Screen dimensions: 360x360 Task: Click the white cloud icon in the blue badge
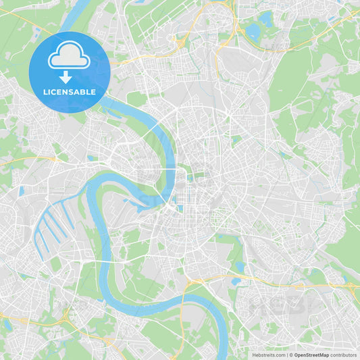(69, 59)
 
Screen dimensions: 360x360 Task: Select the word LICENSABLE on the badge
(69, 92)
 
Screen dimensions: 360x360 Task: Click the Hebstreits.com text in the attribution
(268, 355)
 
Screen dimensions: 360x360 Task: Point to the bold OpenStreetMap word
(311, 355)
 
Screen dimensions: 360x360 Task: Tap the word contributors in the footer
(344, 355)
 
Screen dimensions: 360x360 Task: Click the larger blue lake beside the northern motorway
(255, 31)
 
